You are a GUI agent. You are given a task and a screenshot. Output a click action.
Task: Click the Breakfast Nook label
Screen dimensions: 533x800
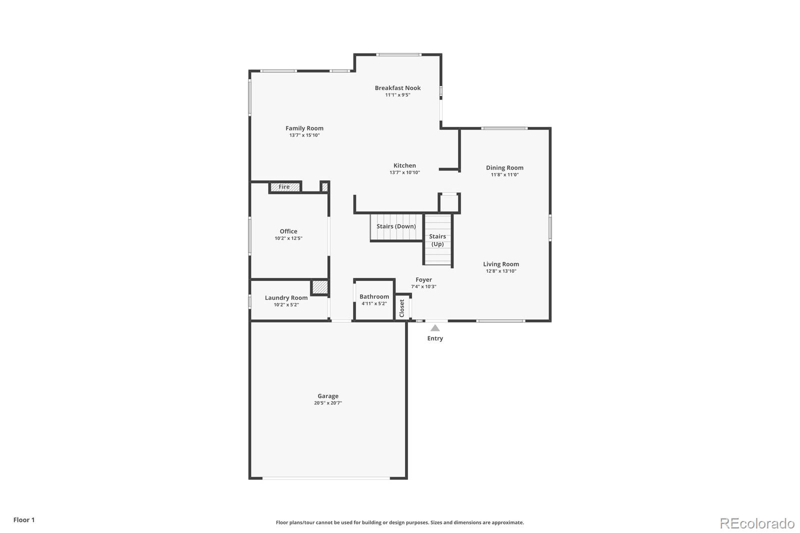pos(397,88)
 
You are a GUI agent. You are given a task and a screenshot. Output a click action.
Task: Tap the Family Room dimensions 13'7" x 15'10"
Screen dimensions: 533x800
pos(304,135)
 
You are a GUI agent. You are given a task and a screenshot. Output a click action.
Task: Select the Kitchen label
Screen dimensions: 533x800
pos(404,165)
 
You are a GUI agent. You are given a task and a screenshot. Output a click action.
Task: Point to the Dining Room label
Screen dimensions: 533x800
pos(504,168)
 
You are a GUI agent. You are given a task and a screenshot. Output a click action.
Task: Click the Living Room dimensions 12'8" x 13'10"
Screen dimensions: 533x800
pos(500,271)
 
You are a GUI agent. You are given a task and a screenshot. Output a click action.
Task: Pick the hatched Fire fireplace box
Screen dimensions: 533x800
pos(284,187)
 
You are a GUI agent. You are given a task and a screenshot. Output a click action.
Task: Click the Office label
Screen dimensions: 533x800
pos(288,231)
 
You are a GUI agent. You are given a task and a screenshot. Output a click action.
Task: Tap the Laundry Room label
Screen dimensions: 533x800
pos(286,298)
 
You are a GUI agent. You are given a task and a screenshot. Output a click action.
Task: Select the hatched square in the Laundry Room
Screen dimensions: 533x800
pos(319,287)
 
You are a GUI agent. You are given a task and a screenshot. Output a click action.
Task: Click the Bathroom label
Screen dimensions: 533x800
pos(374,297)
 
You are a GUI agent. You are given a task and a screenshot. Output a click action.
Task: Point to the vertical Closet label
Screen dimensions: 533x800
pos(402,308)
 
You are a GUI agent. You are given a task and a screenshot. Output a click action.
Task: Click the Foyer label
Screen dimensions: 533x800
pos(423,280)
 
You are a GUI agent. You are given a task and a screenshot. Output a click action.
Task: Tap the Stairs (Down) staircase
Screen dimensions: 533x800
pos(396,227)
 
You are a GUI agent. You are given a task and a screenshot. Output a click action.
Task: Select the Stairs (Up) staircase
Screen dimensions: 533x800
pos(438,240)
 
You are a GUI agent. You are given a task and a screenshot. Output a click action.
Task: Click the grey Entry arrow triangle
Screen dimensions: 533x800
pos(435,328)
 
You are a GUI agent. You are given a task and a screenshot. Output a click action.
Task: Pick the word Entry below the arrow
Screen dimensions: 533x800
pos(435,338)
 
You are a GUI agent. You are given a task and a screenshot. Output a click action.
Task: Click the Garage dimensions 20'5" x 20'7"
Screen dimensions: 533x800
pos(328,403)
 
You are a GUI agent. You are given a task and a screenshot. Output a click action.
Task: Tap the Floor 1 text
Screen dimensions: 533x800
pos(24,520)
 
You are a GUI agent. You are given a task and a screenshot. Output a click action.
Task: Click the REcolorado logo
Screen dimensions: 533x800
pos(757,523)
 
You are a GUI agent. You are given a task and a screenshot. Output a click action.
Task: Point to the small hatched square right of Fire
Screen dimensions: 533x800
pos(324,187)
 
